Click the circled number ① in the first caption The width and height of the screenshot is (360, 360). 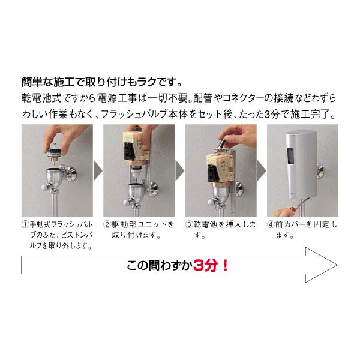coord(25,224)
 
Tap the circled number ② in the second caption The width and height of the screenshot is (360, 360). coord(107,224)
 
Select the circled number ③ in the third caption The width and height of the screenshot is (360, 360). coord(189,224)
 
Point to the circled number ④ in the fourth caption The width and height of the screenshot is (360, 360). coord(271,224)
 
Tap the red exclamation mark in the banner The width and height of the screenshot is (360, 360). coord(225,266)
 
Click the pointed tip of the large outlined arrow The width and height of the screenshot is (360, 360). coord(337,265)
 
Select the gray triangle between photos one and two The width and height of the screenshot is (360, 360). coord(98,170)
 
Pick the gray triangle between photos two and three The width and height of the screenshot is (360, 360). coord(180,170)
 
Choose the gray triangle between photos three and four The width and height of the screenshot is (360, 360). coord(262,170)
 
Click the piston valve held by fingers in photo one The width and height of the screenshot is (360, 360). coord(54,154)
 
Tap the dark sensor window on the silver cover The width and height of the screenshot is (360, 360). coord(291,157)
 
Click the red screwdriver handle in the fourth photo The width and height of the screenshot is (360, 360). coord(294,209)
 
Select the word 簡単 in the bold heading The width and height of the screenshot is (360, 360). coord(32,82)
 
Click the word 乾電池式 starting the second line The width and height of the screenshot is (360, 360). coord(42,98)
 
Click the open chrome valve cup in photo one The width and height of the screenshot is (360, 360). coord(55,176)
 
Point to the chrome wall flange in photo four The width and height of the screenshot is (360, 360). coord(321,171)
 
